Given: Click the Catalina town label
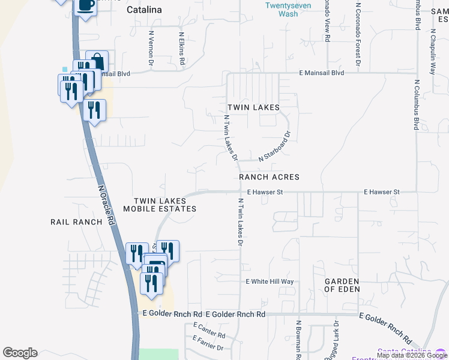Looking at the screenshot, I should point(144,10).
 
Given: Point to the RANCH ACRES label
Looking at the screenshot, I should point(269,178).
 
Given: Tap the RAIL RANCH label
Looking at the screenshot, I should point(77,222).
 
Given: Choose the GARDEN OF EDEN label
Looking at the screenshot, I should point(342,285).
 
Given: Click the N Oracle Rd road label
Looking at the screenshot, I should point(106,204).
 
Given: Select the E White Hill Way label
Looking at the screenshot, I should point(270,281).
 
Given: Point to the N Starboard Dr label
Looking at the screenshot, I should point(274,147).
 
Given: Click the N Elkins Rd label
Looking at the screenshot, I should point(182,49).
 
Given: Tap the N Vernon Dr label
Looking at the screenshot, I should point(151,49).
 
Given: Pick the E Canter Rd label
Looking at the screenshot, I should point(209,331).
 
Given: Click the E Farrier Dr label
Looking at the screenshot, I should point(208,344).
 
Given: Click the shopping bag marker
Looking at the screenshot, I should point(97,61).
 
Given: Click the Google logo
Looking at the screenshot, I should point(20,353).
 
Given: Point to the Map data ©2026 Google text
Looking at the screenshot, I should point(412,355).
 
